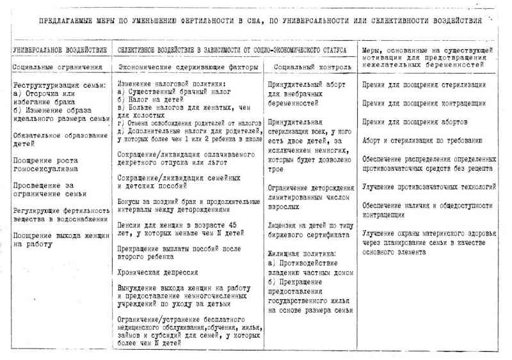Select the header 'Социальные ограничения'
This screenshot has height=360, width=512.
(58, 67)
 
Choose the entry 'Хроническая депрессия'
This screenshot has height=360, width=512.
(158, 272)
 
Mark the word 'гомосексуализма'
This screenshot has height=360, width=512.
(45, 169)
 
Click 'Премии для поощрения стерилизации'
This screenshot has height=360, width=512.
(424, 84)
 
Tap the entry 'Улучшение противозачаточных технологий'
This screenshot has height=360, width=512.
(429, 187)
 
